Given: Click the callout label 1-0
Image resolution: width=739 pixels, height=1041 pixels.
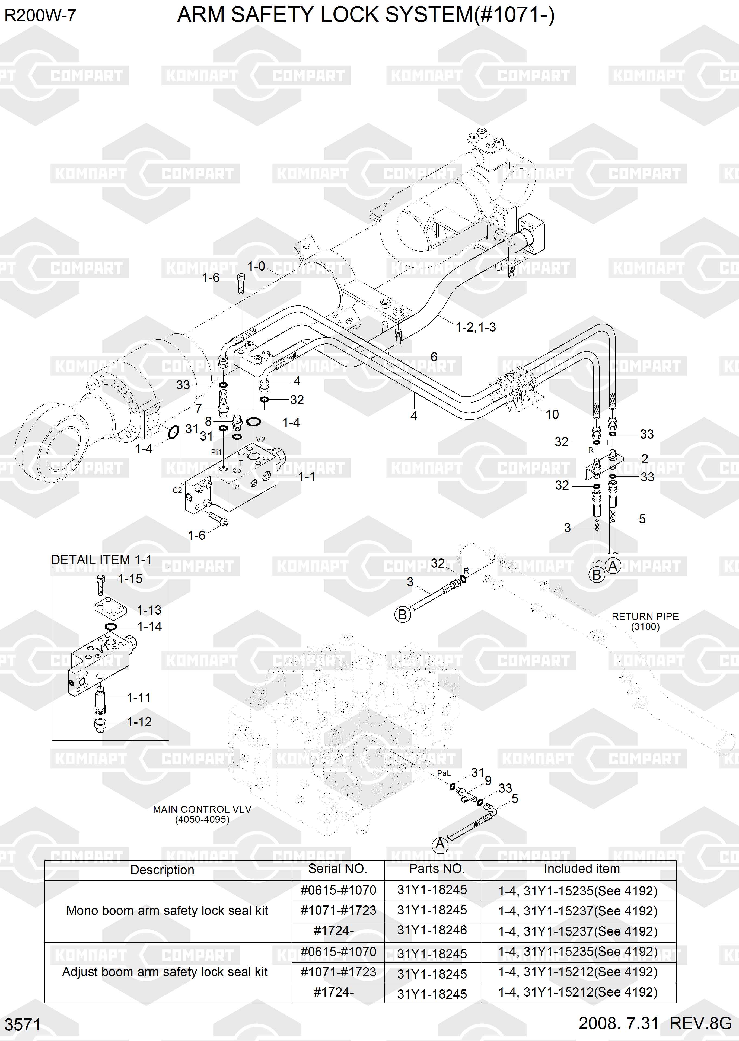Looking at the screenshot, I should tap(256, 266).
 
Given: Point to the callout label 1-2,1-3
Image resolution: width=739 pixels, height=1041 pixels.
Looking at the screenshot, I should tap(476, 327).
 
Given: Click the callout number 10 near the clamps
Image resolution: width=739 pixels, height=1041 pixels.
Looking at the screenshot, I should tap(552, 415).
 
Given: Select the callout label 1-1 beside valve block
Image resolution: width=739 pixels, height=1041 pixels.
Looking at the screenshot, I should tap(306, 476).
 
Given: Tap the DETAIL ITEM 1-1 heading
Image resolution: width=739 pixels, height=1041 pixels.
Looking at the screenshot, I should tap(101, 560).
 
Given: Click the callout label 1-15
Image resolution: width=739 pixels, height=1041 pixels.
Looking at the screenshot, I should tap(130, 579).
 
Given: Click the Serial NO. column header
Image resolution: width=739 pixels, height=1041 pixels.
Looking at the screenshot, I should tap(337, 869).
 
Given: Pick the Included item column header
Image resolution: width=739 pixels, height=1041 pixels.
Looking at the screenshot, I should tap(582, 869).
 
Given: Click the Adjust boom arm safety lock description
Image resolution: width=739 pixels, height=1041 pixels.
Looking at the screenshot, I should tap(165, 972).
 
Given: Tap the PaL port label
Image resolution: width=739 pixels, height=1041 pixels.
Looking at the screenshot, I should tap(444, 773).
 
